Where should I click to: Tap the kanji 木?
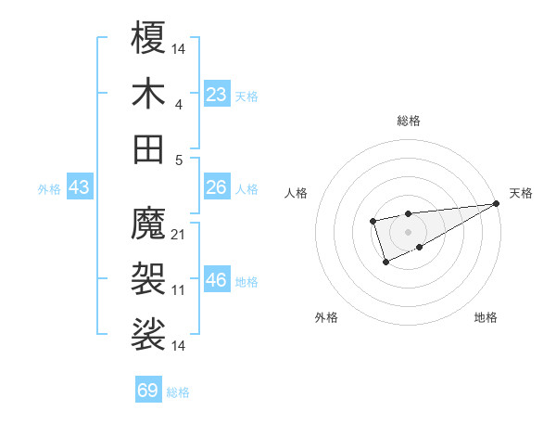149,94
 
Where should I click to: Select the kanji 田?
149,148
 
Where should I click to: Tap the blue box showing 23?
217,95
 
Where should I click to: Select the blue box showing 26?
217,187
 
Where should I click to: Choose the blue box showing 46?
217,280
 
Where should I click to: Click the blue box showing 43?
80,187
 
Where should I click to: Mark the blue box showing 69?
148,391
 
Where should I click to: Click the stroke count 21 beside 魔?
179,235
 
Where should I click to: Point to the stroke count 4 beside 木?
179,105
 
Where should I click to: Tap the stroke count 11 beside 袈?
179,290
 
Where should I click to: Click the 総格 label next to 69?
178,392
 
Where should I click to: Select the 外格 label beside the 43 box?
49,189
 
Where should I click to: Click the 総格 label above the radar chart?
408,121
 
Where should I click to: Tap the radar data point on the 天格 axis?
498,203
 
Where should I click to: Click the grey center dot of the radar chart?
408,230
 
